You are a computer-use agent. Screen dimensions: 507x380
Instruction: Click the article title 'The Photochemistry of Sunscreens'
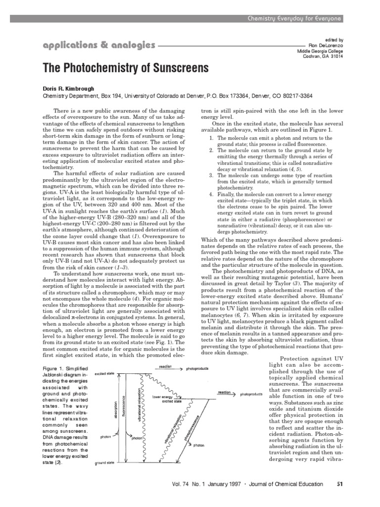126,68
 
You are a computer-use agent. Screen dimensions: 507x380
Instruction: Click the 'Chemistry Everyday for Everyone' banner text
294,18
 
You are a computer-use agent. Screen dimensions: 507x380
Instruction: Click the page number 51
339,484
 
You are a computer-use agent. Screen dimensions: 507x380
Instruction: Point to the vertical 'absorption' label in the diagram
116,410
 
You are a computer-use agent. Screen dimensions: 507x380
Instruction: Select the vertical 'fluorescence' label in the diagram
124,410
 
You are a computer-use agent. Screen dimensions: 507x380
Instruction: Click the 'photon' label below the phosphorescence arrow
198,445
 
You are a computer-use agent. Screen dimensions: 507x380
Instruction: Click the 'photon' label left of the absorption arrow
105,437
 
